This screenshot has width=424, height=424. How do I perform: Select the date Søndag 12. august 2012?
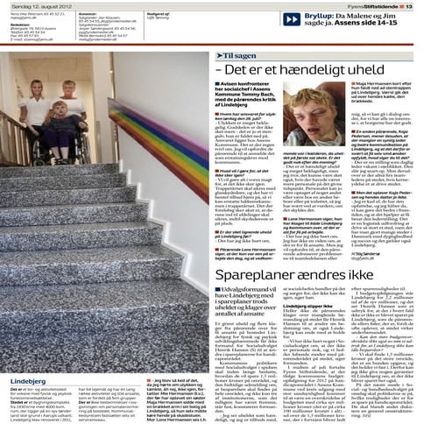click(34, 4)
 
